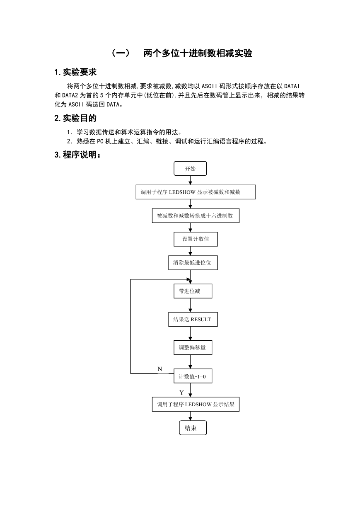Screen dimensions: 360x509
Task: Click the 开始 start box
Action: pos(190,169)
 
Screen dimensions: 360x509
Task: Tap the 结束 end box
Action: pos(193,428)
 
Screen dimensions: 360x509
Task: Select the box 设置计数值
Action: pos(196,239)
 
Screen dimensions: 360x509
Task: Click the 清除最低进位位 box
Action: pos(193,263)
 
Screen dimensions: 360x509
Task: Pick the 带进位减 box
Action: pos(193,291)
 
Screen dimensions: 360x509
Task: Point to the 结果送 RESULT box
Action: pos(193,319)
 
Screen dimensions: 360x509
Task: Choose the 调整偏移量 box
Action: pos(193,347)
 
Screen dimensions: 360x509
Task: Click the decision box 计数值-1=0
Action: pos(193,376)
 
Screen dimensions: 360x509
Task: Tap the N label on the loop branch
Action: pos(159,369)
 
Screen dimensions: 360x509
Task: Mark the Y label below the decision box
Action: pos(181,393)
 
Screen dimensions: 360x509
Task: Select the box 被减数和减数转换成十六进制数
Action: pos(196,216)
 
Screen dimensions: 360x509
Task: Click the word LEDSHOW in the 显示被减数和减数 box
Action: pos(182,192)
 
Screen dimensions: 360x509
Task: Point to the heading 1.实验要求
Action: pos(75,72)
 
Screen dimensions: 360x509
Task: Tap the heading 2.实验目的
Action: pos(75,118)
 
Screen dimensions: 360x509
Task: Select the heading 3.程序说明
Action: pos(77,155)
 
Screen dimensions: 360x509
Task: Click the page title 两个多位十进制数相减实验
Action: pos(198,53)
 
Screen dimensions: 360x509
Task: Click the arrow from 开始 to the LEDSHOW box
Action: pos(190,180)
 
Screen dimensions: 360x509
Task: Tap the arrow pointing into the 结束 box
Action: pos(190,416)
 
